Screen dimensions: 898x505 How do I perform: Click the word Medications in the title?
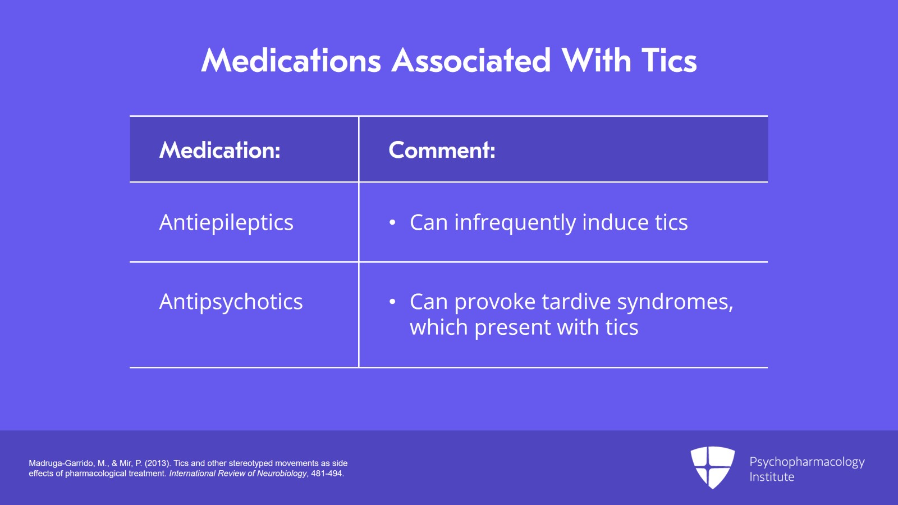[291, 61]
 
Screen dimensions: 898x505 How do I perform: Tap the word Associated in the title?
[471, 61]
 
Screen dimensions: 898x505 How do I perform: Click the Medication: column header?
[219, 150]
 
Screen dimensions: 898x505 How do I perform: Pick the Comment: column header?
[442, 150]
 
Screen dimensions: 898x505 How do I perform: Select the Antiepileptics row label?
[226, 222]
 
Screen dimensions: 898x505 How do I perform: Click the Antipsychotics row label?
[231, 302]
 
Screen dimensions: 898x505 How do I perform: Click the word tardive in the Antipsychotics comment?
[576, 302]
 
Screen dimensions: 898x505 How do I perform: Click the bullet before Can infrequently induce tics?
[392, 222]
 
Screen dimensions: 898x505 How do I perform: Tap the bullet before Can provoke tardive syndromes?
[392, 302]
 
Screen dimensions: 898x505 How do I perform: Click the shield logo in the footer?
[713, 467]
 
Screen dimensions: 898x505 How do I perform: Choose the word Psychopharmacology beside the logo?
[807, 462]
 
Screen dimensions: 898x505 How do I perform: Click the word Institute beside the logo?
[772, 477]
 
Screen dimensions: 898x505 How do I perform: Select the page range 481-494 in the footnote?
[327, 474]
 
